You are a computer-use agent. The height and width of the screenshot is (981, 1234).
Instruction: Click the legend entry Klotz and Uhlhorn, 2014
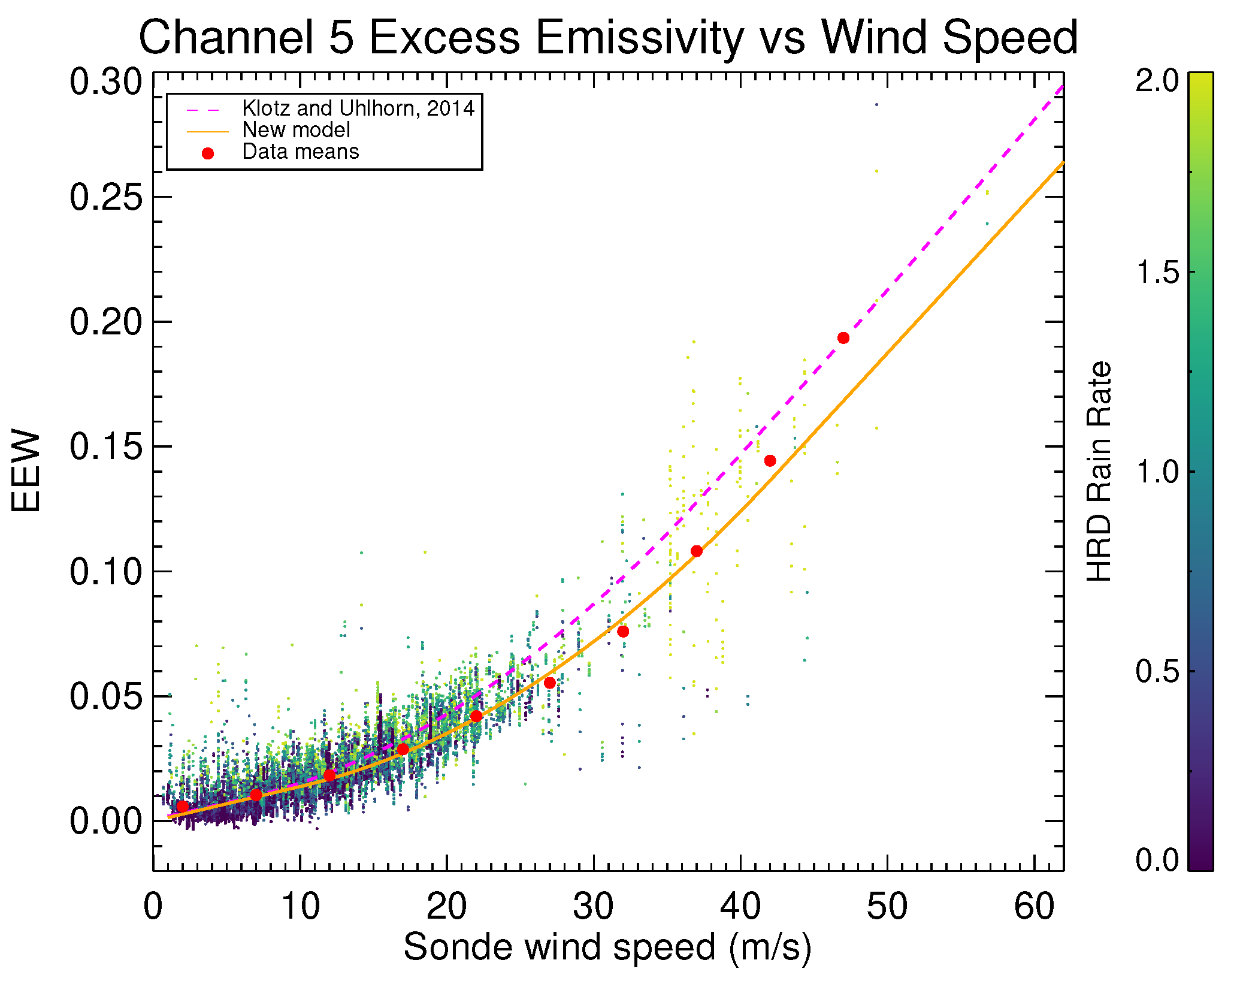pos(358,108)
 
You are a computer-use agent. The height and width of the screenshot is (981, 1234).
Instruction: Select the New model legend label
pos(296,130)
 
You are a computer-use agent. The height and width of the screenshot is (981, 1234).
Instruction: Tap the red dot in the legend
pos(208,153)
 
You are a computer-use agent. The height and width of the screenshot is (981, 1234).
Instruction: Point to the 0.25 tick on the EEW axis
pos(106,197)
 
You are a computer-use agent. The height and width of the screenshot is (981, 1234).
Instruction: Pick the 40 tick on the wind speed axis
pos(740,906)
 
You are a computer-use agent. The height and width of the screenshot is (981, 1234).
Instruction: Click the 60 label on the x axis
pos(1035,906)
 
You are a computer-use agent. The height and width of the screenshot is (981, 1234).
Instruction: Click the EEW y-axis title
pos(26,471)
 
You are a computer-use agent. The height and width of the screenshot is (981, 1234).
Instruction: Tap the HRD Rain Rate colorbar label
pos(1100,471)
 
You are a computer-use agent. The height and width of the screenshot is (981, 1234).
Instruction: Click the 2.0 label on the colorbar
pos(1157,80)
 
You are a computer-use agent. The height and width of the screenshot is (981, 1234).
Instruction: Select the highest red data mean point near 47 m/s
pos(843,338)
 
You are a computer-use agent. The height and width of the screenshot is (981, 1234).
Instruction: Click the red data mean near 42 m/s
pos(770,461)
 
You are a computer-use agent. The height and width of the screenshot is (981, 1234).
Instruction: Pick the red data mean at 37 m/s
pos(697,551)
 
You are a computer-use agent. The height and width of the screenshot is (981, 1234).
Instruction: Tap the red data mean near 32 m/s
pos(623,632)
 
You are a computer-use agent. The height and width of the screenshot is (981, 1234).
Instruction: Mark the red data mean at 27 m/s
pos(550,683)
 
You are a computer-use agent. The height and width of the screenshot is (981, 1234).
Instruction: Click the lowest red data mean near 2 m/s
pos(183,807)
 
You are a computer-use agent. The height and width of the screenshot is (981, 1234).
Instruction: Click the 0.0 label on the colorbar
pos(1157,861)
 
